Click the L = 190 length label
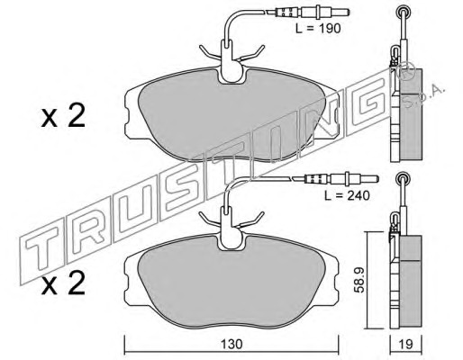318,29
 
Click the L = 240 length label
347,195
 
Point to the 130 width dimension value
231,344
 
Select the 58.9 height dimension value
359,280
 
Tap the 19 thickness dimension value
406,344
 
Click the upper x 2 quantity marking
63,117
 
